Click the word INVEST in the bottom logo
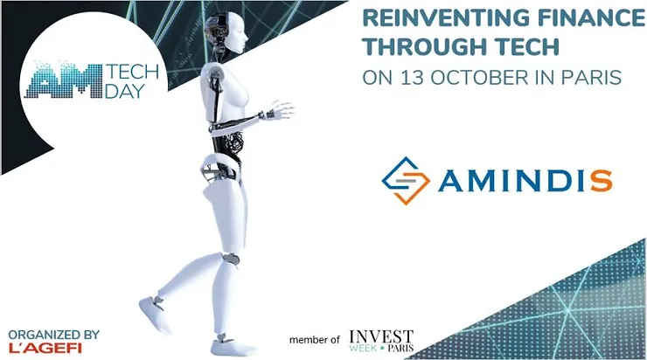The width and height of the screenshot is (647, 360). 381,335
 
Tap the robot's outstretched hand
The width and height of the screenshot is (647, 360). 282,111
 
